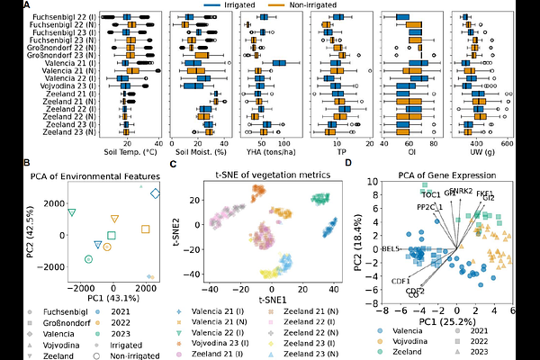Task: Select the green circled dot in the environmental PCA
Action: click(88, 259)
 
